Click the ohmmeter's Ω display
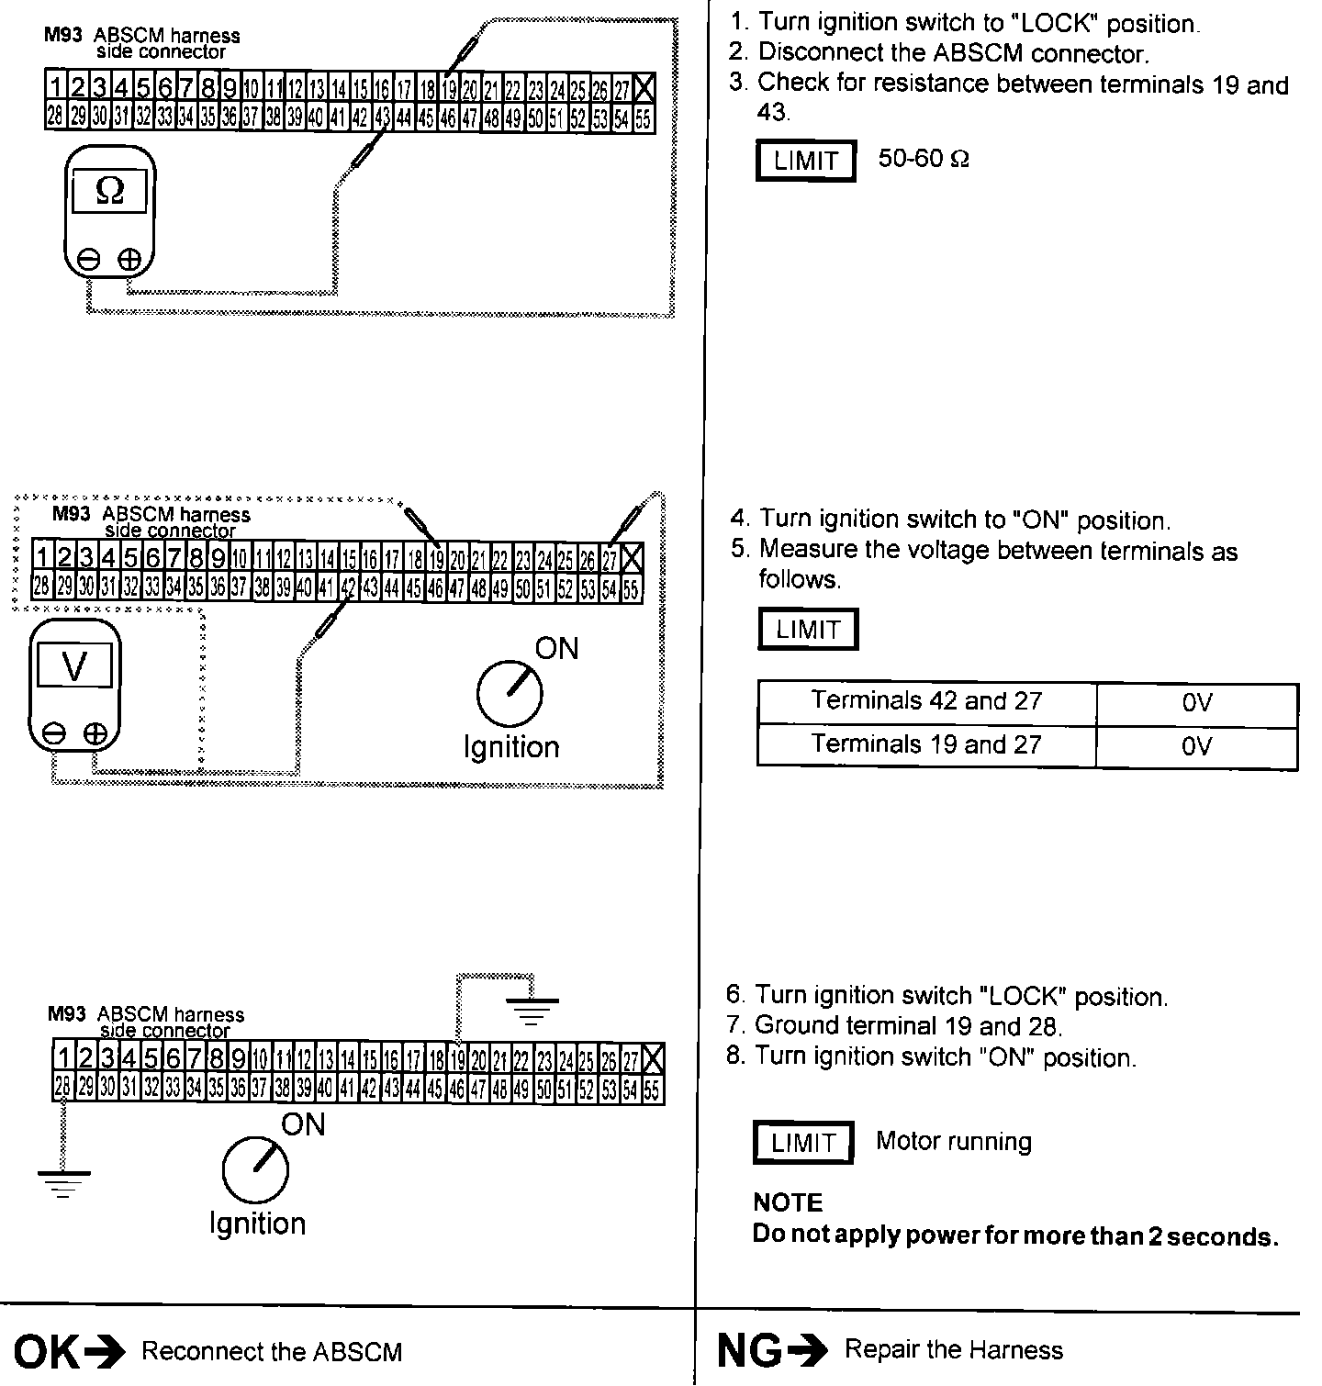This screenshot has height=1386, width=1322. [x=110, y=191]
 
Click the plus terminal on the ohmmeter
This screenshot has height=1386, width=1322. [x=129, y=260]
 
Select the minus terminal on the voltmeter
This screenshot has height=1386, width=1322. [x=54, y=733]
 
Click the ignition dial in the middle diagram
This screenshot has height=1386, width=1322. [x=509, y=693]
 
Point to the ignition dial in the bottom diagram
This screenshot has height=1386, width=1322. [x=254, y=1171]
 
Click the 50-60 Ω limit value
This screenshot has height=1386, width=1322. [x=923, y=159]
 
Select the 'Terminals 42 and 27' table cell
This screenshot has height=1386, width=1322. [x=925, y=702]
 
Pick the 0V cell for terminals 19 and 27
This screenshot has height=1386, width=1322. [x=1196, y=745]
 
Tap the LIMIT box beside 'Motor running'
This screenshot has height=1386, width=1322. [x=803, y=1143]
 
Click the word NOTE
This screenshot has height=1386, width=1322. [x=788, y=1202]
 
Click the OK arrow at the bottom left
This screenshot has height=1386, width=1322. [x=108, y=1351]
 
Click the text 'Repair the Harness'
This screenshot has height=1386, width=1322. [x=953, y=1350]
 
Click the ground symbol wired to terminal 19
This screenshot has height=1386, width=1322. [x=532, y=1010]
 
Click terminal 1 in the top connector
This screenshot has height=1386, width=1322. [x=55, y=88]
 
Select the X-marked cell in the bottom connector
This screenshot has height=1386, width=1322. [x=653, y=1060]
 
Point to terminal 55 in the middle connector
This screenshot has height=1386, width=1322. [x=631, y=589]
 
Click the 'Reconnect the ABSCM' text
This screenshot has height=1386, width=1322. [x=272, y=1351]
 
